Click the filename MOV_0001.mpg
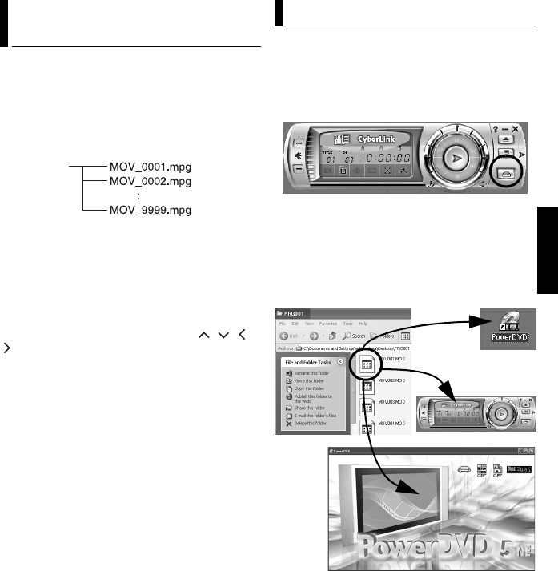tap(150, 168)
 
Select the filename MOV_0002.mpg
tap(150, 182)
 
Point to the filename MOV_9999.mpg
tap(150, 211)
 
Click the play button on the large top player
tap(455, 159)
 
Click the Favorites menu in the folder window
tap(327, 324)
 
